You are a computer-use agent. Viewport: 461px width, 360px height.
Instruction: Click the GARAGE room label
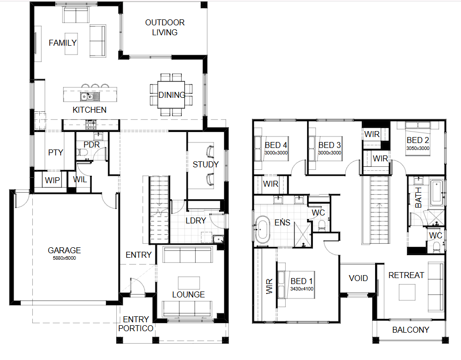64,250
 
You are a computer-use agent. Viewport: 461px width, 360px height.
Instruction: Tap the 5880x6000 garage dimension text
64,258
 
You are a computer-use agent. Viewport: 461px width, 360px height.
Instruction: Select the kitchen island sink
90,96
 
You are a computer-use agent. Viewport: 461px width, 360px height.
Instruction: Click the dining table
171,95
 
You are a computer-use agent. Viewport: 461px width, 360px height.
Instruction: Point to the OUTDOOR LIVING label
164,27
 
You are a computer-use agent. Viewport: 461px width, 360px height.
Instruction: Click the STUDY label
206,164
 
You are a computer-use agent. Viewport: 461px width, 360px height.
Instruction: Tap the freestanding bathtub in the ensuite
262,230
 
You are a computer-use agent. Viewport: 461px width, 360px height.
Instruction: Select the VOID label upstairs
358,278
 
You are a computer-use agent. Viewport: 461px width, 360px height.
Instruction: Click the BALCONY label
410,330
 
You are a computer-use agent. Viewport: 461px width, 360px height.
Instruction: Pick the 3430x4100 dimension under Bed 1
302,289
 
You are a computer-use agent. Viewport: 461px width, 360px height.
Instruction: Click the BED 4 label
276,145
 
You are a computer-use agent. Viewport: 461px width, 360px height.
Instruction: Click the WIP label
52,180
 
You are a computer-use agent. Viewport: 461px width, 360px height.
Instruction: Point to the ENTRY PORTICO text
136,324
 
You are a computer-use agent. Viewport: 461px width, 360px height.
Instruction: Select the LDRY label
196,220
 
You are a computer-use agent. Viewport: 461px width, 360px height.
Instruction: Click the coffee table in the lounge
189,283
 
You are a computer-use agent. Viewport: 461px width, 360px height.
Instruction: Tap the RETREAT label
406,276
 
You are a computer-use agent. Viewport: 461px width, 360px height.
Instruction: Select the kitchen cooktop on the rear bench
90,125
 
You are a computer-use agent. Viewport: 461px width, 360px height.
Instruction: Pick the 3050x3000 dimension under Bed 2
418,148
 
